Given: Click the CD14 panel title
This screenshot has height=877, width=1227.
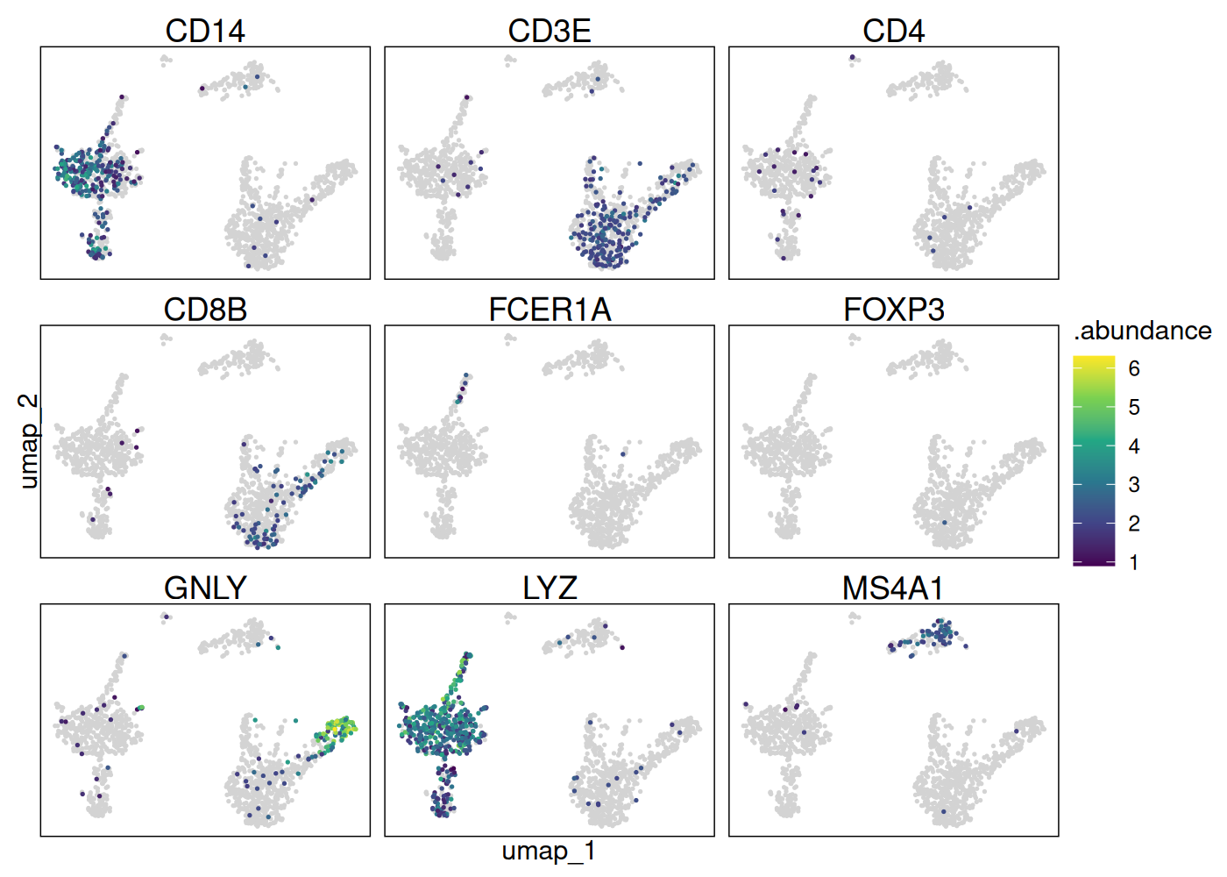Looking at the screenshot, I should tap(205, 31).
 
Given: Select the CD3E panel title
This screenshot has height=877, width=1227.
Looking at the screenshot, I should tap(550, 31).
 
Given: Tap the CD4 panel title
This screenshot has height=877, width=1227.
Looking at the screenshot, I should tap(893, 31).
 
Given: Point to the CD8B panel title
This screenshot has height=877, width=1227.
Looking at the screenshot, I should tap(205, 310).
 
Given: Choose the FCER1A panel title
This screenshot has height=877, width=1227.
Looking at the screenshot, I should tap(550, 310).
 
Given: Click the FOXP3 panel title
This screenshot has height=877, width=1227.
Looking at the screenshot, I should tap(893, 310).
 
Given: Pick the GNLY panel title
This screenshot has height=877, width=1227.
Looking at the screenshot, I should tap(205, 588).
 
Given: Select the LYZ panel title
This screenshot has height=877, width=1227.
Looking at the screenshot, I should tap(550, 588).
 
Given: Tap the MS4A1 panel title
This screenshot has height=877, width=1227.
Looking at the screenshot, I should tap(893, 588).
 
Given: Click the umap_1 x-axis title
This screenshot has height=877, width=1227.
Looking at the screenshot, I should tap(549, 851).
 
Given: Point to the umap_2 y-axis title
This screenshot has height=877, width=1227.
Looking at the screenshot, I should tap(28, 440).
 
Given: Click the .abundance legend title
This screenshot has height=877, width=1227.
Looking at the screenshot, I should tap(1142, 331).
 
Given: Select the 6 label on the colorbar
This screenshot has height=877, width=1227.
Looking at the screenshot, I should tap(1134, 368).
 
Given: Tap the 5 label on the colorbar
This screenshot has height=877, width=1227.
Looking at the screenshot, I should tap(1134, 407).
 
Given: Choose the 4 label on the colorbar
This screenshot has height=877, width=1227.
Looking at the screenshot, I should tap(1134, 446).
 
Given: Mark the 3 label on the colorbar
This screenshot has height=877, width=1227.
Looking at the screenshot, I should tap(1134, 484).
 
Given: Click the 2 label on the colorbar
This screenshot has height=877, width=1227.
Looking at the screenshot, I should tap(1134, 524).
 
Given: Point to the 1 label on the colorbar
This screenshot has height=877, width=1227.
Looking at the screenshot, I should tap(1134, 562).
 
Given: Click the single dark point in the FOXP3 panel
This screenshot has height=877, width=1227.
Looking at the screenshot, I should tap(944, 523).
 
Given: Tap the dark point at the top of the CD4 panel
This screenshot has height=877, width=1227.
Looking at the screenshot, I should tap(852, 58).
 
